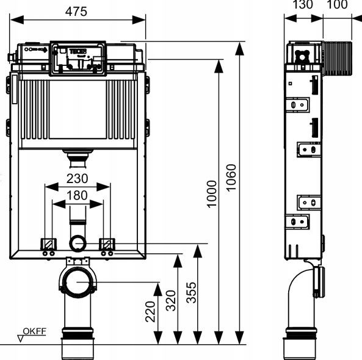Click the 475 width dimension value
(x=76, y=12)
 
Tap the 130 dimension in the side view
(x=303, y=4)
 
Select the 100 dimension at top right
(x=338, y=4)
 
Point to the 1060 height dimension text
(x=231, y=178)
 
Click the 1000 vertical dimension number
(x=211, y=194)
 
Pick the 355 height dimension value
(x=192, y=292)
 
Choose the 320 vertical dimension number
(x=171, y=301)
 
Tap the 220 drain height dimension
(x=150, y=312)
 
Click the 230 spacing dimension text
(x=77, y=178)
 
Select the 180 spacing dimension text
(x=77, y=195)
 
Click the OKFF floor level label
(x=35, y=331)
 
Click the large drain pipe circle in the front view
(x=78, y=283)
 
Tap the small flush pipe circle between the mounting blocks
(x=78, y=243)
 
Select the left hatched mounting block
(x=48, y=244)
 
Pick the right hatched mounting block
(x=107, y=244)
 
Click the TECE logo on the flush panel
(x=78, y=51)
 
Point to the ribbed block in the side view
(x=337, y=59)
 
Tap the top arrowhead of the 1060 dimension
(x=239, y=49)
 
